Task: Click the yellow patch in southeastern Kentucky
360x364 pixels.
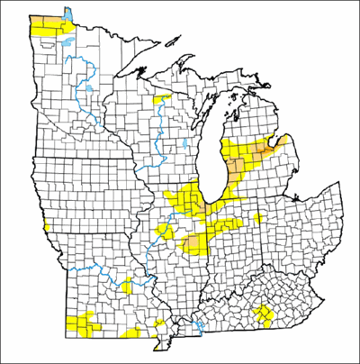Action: click(x=263, y=314)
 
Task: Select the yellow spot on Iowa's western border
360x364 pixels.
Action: click(x=44, y=222)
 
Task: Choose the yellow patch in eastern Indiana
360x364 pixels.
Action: click(x=258, y=219)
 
